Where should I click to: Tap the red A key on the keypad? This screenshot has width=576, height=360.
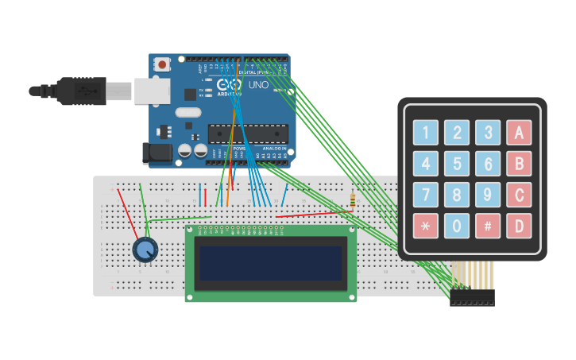519,133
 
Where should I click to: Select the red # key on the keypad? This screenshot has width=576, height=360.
488,226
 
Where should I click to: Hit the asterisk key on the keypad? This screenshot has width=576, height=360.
425,226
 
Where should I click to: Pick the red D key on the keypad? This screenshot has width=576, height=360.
519,226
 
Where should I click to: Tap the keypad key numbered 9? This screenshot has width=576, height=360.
488,195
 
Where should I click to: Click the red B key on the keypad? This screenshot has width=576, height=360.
519,164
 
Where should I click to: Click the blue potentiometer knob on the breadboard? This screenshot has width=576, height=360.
145,250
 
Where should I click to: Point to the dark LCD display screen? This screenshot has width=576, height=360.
270,263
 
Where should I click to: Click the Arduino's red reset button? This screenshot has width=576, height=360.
163,64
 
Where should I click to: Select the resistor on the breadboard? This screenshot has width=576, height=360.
352,200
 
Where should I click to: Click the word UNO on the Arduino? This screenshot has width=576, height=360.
258,84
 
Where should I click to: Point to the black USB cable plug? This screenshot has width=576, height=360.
79,91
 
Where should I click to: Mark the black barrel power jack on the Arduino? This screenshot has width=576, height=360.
157,153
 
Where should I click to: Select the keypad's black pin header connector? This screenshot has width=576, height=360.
472,298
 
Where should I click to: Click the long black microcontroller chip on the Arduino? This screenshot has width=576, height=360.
247,134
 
